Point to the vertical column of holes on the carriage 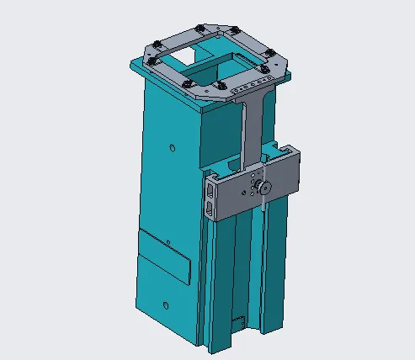pos(253,183)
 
